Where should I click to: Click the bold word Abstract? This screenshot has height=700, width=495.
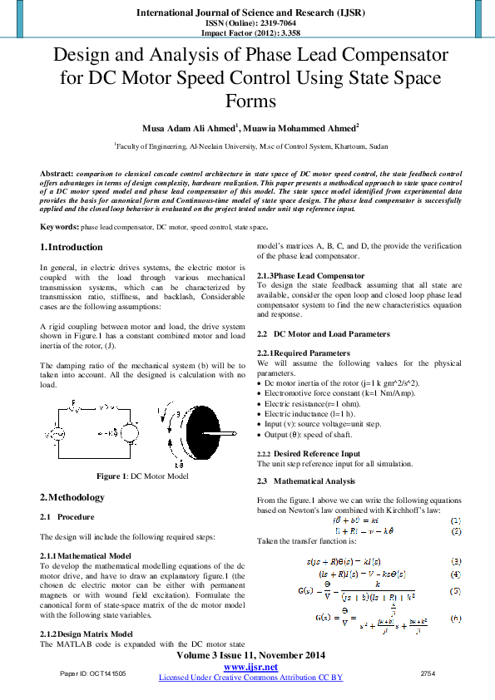pyautogui.click(x=56, y=173)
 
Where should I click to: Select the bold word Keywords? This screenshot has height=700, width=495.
pyautogui.click(x=59, y=226)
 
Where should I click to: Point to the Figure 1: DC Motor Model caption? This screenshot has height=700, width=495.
pyautogui.click(x=142, y=476)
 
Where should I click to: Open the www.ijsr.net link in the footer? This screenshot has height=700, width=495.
pyautogui.click(x=250, y=668)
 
